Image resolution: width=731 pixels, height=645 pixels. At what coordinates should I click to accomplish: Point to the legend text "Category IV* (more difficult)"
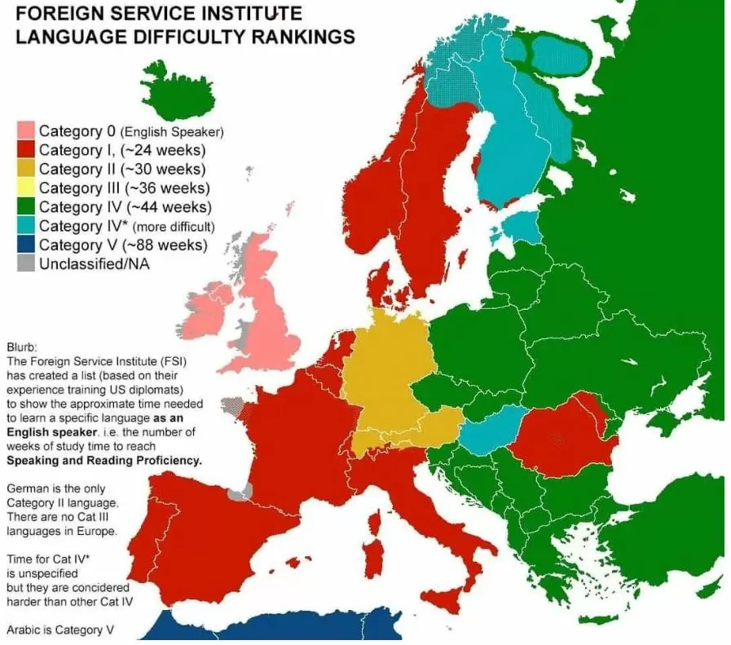(x=126, y=226)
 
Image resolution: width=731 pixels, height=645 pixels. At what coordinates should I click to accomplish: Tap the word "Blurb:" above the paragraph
(x=22, y=344)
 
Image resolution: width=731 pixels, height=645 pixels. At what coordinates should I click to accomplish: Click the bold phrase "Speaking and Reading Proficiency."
(x=103, y=461)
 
